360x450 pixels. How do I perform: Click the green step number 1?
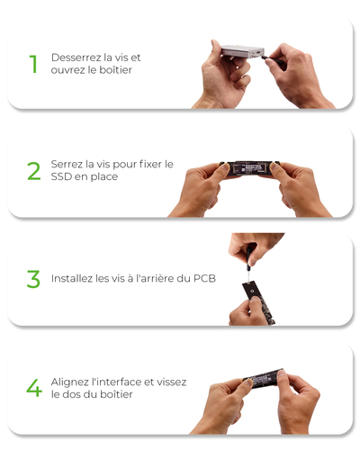click(33, 64)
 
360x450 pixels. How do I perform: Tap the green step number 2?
click(33, 171)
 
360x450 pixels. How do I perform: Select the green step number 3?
click(33, 279)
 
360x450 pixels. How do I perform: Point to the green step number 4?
click(34, 388)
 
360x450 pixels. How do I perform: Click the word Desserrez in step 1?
click(76, 58)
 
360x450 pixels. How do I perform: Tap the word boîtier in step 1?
click(115, 70)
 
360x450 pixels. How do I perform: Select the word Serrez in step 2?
click(67, 164)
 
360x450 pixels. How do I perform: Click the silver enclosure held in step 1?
click(243, 51)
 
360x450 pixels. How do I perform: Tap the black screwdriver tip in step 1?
click(264, 57)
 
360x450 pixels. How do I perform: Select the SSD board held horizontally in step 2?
click(249, 168)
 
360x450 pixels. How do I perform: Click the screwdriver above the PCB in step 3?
click(248, 264)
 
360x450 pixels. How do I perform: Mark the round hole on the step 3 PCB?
click(254, 292)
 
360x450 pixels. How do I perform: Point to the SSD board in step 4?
click(264, 379)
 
